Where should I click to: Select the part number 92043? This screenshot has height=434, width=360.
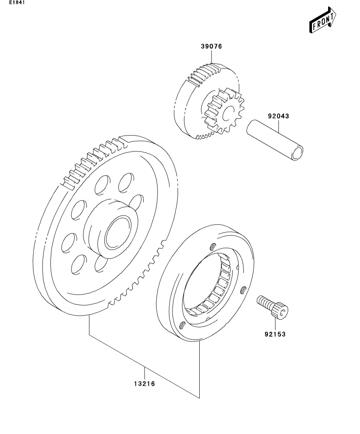[278, 116]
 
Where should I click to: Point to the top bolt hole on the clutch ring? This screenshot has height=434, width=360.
[212, 247]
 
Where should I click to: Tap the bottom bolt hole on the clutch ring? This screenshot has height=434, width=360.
[182, 325]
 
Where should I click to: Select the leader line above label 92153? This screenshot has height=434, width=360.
[275, 324]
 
